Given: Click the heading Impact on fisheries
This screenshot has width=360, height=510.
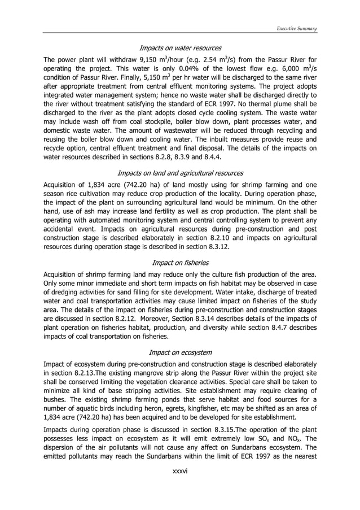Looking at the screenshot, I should pyautogui.click(x=180, y=263).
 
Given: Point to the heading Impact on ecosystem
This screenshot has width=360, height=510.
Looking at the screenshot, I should pyautogui.click(x=180, y=352).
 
